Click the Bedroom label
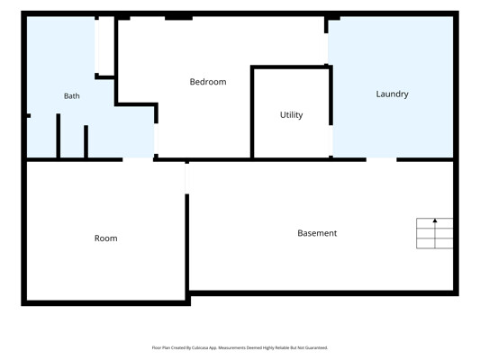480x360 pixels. coord(208,82)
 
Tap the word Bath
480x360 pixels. coord(72,96)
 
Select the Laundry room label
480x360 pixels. coord(392,94)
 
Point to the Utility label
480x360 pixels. coord(291,115)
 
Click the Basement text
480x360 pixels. coord(317,233)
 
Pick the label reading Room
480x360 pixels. coord(106,238)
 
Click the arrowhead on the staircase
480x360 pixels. coord(435,220)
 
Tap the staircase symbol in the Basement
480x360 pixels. coord(434,233)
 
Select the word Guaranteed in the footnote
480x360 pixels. coord(318,347)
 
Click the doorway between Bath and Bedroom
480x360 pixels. coord(156,139)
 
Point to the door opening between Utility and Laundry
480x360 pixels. coord(331,140)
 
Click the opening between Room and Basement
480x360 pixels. coord(186,178)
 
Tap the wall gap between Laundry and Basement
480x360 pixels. coord(382,159)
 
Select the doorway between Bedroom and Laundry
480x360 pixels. coord(326,49)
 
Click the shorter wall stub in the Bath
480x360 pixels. coord(86,141)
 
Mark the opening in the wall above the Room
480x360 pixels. coord(138,159)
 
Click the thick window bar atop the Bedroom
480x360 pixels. coord(179,18)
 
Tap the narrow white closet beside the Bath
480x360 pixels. coord(104,46)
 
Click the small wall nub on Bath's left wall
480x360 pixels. coord(29,115)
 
